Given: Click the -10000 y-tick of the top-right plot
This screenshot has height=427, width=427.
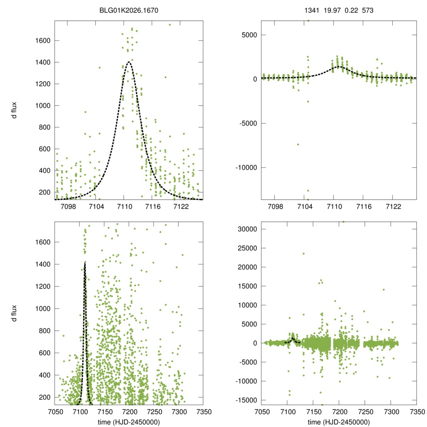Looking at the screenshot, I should (x=247, y=168).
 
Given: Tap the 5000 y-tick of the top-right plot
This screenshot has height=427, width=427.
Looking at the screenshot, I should (x=250, y=35).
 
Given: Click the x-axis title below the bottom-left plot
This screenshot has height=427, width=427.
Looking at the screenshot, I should (x=129, y=422).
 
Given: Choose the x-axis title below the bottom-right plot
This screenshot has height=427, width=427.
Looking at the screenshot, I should (x=339, y=422).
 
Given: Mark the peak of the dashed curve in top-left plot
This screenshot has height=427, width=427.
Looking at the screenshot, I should (x=129, y=62).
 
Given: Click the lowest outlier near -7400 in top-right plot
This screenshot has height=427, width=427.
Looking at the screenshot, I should (x=298, y=144).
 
